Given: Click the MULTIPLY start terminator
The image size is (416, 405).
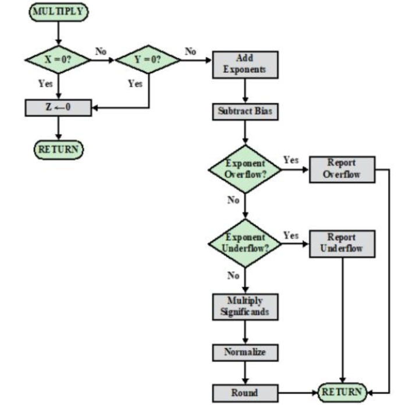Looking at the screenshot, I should (x=58, y=10).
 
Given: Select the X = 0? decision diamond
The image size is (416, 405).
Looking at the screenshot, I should (x=58, y=60).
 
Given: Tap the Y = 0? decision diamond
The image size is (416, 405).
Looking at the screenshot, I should (x=148, y=60).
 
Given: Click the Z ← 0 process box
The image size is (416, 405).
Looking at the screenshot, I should (x=58, y=108).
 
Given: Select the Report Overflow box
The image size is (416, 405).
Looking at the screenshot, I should (x=342, y=168).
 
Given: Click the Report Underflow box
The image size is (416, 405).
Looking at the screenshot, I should (x=342, y=243).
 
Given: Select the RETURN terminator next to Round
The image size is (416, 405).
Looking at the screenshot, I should (x=342, y=392).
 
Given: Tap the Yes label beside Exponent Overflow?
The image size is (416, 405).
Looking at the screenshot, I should (x=291, y=160).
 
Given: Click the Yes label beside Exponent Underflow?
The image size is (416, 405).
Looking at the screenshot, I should (x=291, y=235).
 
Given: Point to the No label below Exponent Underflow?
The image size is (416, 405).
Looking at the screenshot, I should (x=234, y=275).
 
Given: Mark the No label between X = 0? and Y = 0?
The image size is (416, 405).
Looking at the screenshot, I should (x=101, y=51).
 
